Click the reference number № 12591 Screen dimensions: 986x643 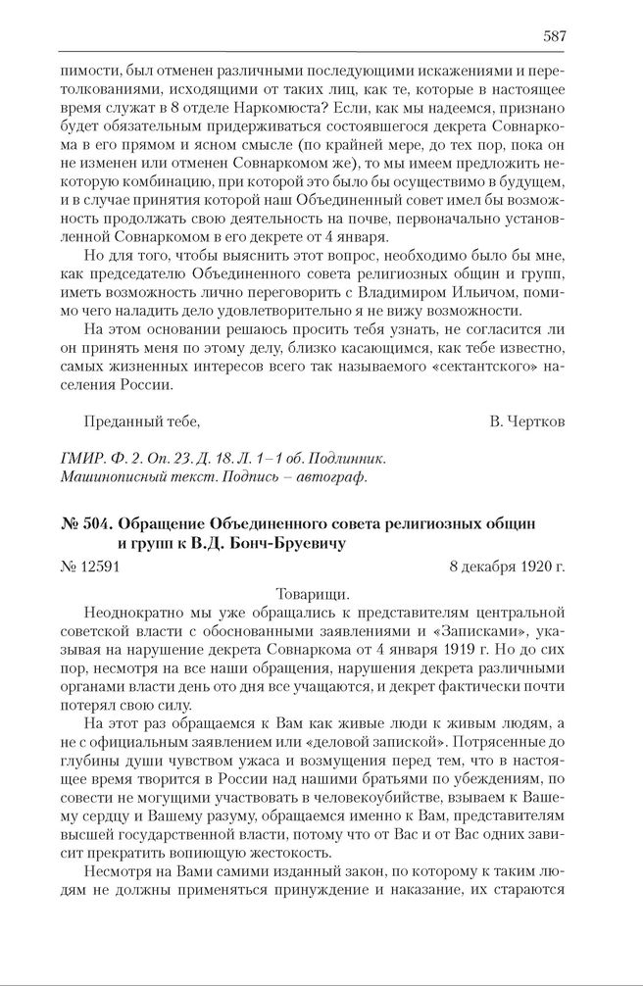[90, 567]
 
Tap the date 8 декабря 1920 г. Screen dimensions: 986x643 [507, 567]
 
